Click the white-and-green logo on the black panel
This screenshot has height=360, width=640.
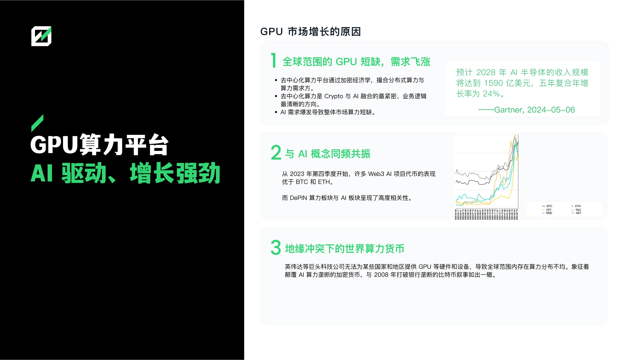[41, 36]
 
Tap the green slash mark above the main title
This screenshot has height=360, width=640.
[37, 123]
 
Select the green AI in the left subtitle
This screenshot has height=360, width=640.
[42, 173]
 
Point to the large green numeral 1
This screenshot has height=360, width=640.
[274, 61]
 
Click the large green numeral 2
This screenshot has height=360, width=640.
[276, 153]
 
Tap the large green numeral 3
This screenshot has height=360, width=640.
[276, 248]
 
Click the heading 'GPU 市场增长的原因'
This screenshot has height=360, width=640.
[310, 32]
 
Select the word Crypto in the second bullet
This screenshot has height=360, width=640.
[333, 96]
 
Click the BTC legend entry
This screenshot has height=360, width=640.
[549, 206]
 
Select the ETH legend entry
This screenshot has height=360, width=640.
[578, 206]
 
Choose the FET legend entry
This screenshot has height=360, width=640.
[549, 210]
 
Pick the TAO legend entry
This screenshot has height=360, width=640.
[578, 210]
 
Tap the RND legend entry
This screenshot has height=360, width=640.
[549, 213]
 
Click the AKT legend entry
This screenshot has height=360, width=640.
[578, 213]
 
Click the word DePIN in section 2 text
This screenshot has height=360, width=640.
[298, 198]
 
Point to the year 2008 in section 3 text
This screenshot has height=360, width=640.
[381, 275]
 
